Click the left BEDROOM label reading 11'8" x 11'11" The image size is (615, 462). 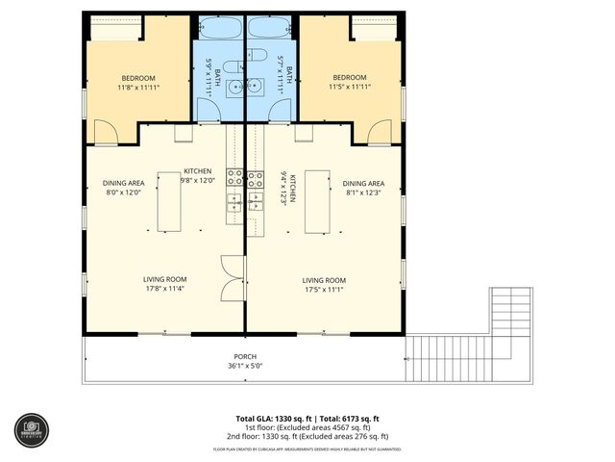pos(138,82)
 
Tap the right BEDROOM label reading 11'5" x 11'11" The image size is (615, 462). pos(349,82)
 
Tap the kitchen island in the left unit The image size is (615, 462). pos(169,202)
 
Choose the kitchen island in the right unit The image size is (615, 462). pos(317,202)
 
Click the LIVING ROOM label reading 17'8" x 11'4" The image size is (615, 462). pos(164,284)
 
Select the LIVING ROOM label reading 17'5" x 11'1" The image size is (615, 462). pos(324,284)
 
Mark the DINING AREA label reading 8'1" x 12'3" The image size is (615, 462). pos(363,188)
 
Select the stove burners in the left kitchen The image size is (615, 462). pos(234,177)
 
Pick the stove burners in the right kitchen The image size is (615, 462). pos(256,177)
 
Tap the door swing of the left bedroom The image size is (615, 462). pos(106,134)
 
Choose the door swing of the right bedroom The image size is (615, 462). pos(381,134)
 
